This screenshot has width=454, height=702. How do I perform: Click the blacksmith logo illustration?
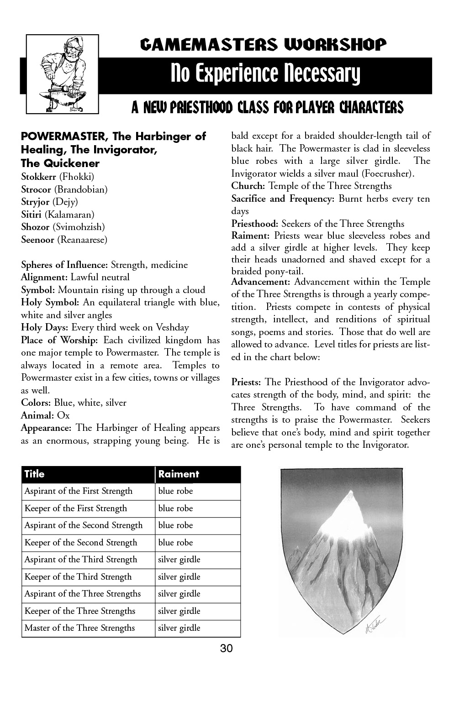point(63,74)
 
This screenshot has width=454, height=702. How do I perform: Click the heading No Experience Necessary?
point(265,75)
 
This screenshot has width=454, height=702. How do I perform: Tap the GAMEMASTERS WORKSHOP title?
point(263,44)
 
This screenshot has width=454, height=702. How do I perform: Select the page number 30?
point(227,648)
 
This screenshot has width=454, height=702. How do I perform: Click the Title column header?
point(34,474)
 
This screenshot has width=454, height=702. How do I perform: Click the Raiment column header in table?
point(179,474)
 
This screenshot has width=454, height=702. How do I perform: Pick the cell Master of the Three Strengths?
point(79,628)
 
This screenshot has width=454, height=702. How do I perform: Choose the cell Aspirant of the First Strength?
point(78,491)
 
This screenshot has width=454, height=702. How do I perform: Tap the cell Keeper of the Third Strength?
point(78,577)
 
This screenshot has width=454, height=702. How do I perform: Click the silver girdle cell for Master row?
point(179,628)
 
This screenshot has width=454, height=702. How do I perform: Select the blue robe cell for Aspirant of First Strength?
point(175,491)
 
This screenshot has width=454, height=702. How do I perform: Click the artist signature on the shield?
point(376,621)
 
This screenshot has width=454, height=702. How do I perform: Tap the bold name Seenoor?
point(38,240)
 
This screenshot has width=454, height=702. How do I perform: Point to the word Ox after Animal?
point(63,415)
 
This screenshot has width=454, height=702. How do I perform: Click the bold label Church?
point(248,186)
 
